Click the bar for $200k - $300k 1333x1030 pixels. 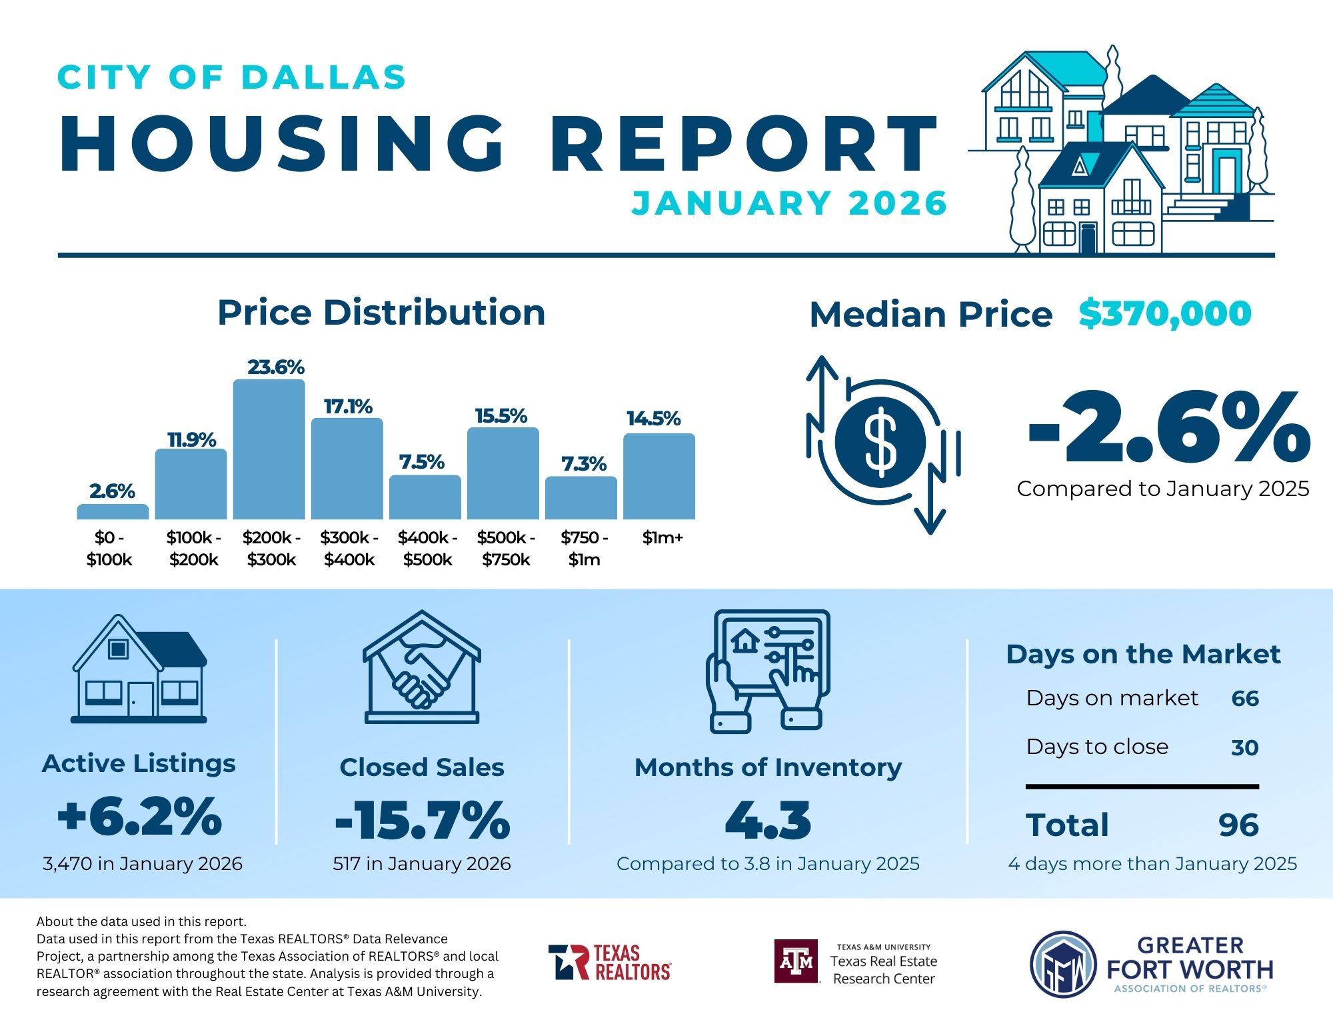pyautogui.click(x=269, y=449)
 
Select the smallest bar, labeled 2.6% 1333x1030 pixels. pyautogui.click(x=113, y=511)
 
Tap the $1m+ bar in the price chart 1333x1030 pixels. pyautogui.click(x=659, y=476)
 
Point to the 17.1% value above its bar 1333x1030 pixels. pyautogui.click(x=348, y=407)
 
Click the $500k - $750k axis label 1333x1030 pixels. pyautogui.click(x=506, y=548)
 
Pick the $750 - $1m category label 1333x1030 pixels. pyautogui.click(x=585, y=548)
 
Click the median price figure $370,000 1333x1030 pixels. pyautogui.click(x=1165, y=313)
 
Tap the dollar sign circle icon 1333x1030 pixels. pyautogui.click(x=880, y=441)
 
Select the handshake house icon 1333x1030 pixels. pyautogui.click(x=422, y=667)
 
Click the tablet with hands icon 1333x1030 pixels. pyautogui.click(x=768, y=670)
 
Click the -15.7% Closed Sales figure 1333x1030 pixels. pyautogui.click(x=423, y=820)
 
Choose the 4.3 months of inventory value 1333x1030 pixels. pyautogui.click(x=768, y=820)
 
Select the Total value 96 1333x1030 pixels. pyautogui.click(x=1238, y=825)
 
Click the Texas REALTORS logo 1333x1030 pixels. pyautogui.click(x=609, y=962)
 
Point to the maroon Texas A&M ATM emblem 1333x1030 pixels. pyautogui.click(x=796, y=961)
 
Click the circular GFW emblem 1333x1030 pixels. pyautogui.click(x=1063, y=964)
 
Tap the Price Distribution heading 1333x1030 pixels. pyautogui.click(x=381, y=313)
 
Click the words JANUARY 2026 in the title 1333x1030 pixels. pyautogui.click(x=789, y=203)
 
